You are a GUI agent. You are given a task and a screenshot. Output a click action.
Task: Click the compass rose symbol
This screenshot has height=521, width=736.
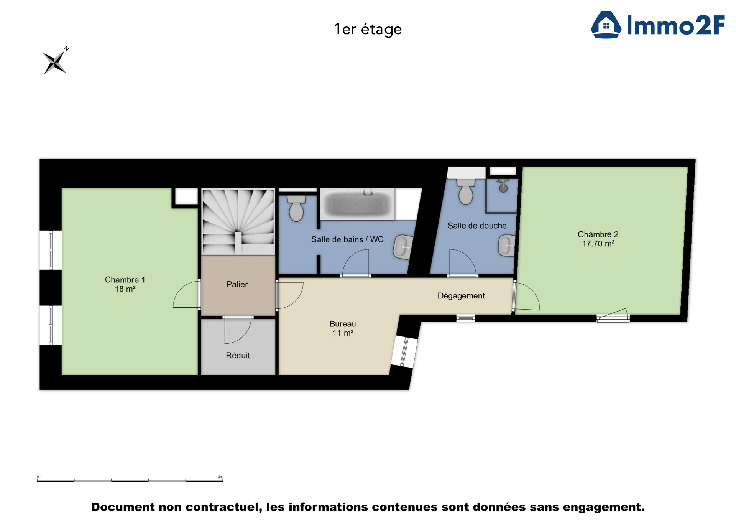point(55,62)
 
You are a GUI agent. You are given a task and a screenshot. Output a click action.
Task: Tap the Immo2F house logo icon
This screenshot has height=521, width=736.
point(606,25)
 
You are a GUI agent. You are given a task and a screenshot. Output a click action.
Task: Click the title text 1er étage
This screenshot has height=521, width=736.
point(368,29)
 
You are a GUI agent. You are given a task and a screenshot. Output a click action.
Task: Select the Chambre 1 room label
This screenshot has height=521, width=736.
point(125,284)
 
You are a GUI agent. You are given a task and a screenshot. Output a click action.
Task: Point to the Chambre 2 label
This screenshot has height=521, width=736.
point(598,239)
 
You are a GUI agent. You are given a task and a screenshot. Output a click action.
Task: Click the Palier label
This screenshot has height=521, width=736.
point(237,284)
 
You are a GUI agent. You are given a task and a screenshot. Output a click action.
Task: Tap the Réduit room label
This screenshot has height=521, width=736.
point(238,355)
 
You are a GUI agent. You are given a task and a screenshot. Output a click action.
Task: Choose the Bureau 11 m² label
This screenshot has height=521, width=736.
point(342,328)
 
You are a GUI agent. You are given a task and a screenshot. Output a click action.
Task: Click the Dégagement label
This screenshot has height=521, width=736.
point(461,296)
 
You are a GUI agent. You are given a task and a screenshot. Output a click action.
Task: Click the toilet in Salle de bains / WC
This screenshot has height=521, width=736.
point(296,208)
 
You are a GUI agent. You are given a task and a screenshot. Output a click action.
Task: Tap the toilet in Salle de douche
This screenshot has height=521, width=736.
point(466,191)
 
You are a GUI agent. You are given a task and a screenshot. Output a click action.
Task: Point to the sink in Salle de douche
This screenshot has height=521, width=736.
point(506,246)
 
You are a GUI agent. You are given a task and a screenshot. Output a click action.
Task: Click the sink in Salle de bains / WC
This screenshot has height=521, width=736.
point(402,247)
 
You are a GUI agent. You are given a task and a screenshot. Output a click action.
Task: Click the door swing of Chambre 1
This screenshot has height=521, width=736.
point(186,295)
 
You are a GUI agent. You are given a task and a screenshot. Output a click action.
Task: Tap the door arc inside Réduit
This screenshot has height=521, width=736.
point(238,331)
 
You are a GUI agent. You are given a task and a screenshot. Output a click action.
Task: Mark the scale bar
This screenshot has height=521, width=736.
point(130,480)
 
